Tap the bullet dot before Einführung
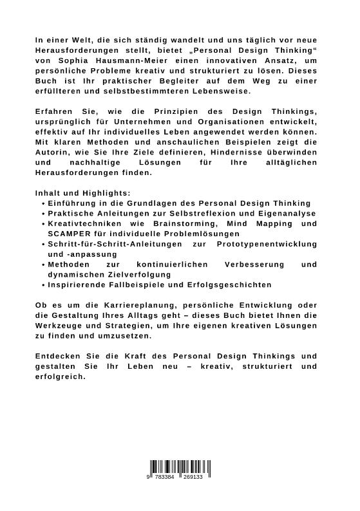coord(43,203)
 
